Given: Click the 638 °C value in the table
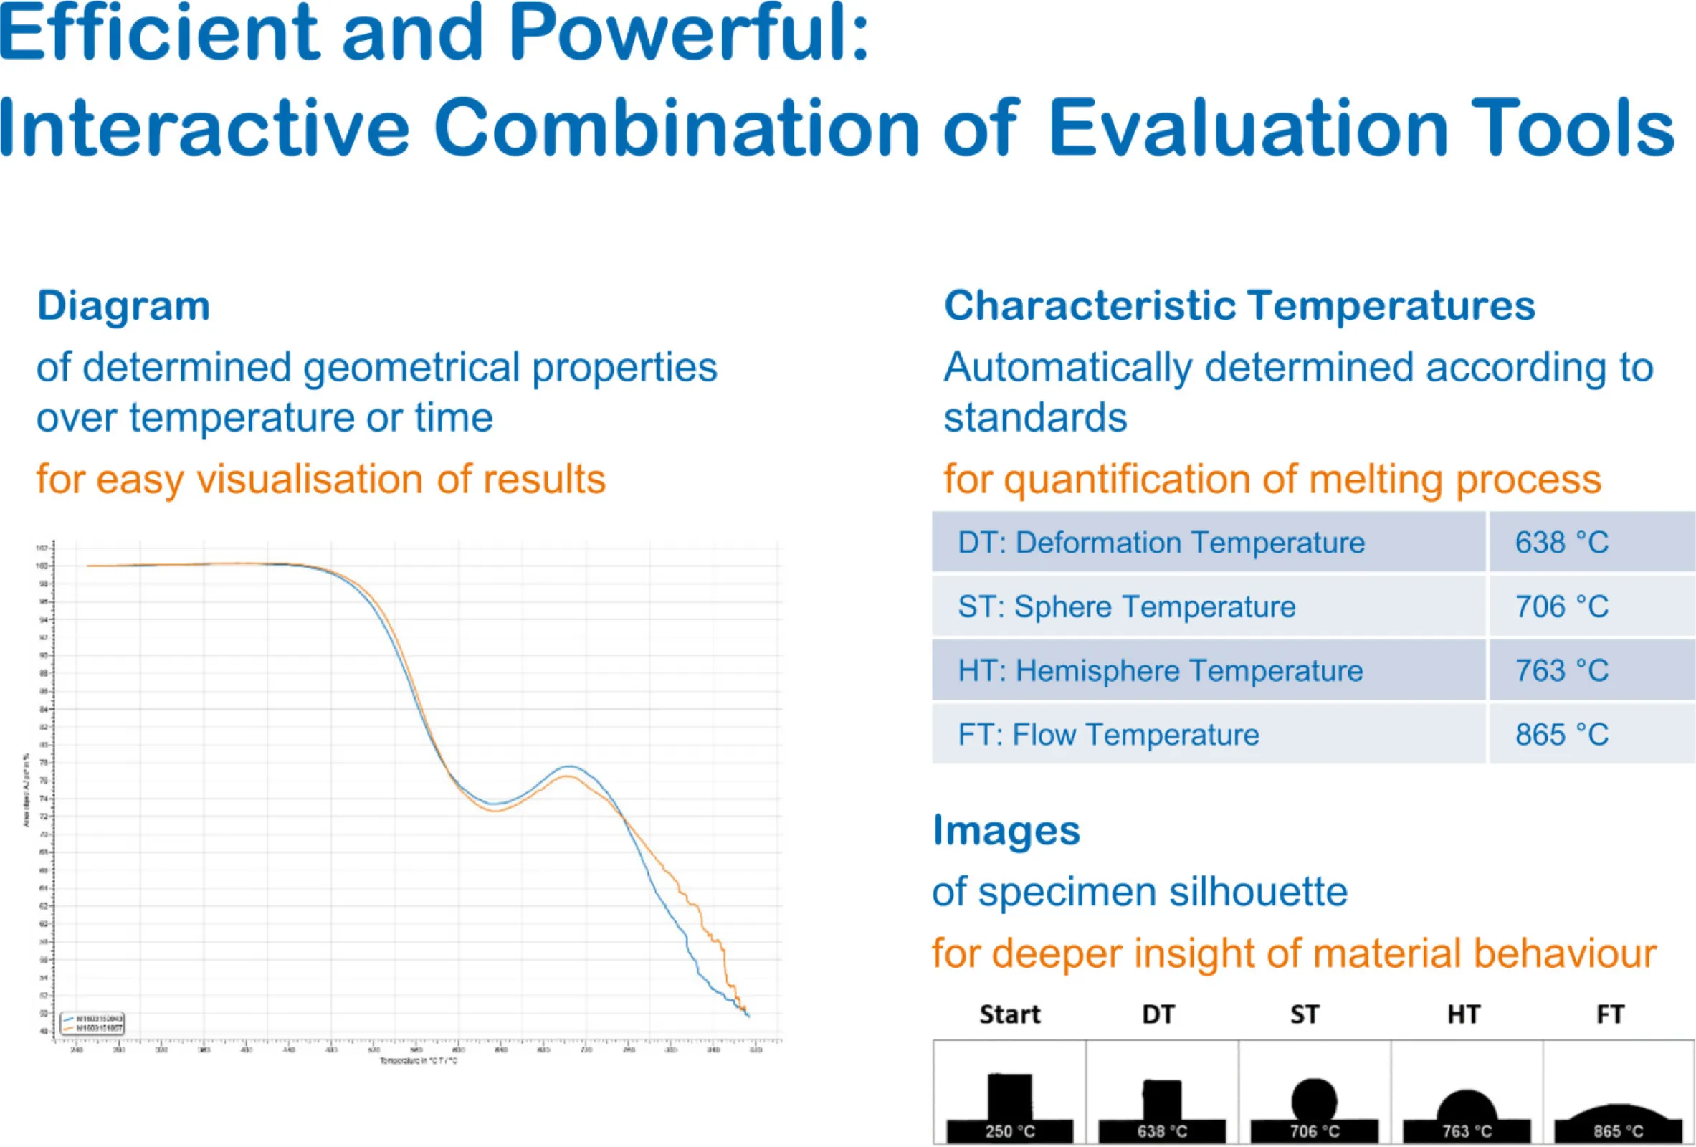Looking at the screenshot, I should point(1561,542).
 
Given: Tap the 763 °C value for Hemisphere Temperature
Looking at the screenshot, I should point(1561,670).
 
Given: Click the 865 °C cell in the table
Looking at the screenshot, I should point(1561,734).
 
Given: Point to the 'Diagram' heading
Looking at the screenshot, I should point(123,305).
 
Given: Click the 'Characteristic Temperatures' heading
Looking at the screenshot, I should point(1239,305).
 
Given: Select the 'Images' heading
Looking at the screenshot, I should point(1006,830).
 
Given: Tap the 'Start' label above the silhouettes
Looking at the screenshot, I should point(1010,1014).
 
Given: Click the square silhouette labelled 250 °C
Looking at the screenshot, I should point(1010,1096).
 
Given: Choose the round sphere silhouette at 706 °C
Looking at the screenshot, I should point(1314,1099).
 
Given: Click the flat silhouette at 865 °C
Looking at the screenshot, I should point(1618,1113).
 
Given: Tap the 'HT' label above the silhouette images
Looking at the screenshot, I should point(1464,1014).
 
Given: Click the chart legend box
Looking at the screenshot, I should point(92,1023).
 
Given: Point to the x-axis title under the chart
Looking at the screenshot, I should point(418,1061).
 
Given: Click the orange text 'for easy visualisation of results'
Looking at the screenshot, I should point(321,480).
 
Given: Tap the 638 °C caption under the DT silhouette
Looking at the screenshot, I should point(1162,1132).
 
